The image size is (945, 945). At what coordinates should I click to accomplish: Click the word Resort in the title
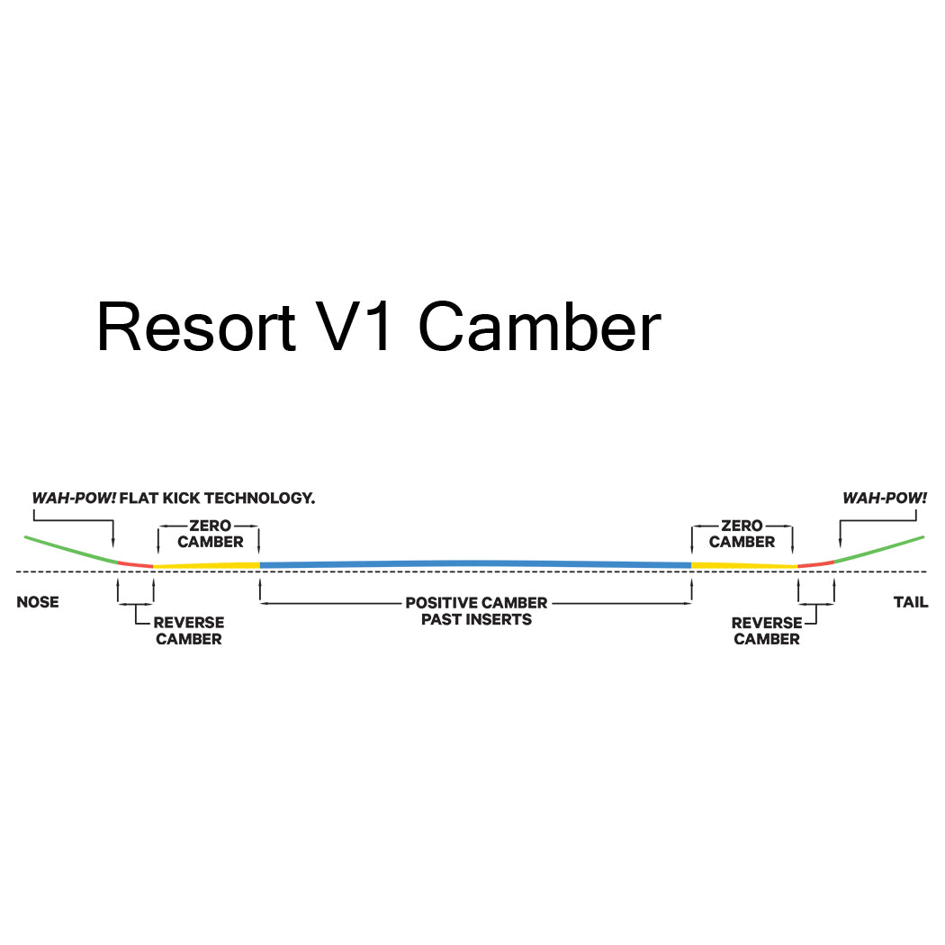(196, 327)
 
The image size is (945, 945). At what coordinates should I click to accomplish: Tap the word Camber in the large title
(540, 327)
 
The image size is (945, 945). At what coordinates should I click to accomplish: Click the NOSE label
(38, 602)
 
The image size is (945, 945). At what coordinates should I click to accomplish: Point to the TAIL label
(911, 602)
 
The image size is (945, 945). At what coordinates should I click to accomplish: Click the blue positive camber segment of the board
(475, 563)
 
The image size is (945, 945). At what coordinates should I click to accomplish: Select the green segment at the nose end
(70, 549)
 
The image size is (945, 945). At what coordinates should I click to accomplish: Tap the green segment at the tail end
(879, 549)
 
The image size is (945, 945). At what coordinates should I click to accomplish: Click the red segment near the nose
(135, 563)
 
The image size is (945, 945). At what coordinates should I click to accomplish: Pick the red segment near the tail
(816, 563)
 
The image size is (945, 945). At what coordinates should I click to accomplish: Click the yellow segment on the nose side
(207, 565)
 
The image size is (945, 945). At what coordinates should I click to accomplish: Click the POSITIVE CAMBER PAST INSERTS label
(476, 611)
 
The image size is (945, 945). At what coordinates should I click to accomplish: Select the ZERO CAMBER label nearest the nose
(210, 534)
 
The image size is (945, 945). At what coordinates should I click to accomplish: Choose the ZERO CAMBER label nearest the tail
(742, 534)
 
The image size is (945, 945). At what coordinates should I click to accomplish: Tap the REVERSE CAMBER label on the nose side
(188, 631)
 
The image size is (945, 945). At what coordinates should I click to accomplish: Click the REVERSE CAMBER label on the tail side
(766, 631)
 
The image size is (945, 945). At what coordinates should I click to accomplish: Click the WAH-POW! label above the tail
(884, 498)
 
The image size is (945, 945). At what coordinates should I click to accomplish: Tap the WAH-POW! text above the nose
(75, 498)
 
